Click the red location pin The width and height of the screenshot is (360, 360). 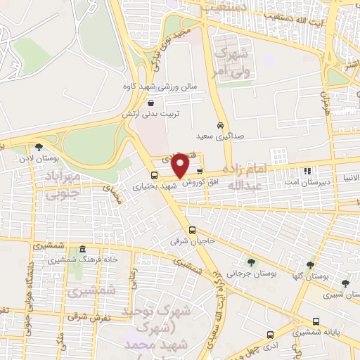[x=181, y=165]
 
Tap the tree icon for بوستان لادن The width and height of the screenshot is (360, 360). [x=39, y=148]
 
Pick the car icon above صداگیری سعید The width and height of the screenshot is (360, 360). [x=221, y=124]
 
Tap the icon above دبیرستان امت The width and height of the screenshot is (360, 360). [x=307, y=170]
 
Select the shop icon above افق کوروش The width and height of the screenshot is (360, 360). [x=200, y=171]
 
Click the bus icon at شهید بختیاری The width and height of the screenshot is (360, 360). [x=155, y=175]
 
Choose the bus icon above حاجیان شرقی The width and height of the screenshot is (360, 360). [x=192, y=230]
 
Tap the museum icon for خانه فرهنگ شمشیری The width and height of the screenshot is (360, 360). [x=83, y=250]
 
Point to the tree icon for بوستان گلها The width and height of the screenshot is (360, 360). [x=309, y=265]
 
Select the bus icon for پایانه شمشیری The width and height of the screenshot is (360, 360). [x=316, y=322]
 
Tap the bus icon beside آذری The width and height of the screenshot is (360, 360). [x=270, y=335]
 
